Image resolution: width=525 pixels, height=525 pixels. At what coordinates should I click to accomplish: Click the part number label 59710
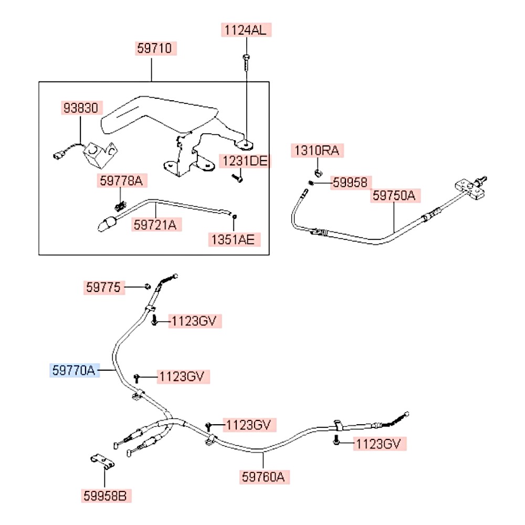tap(154, 49)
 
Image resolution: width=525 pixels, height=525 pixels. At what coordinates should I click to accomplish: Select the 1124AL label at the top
tap(246, 30)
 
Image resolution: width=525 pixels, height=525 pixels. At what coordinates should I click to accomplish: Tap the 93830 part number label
tap(80, 109)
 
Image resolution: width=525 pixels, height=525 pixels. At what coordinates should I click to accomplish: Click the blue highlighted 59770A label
tap(73, 371)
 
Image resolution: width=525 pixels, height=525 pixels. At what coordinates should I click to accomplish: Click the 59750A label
tap(394, 196)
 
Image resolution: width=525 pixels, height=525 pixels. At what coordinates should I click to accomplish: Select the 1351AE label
tap(233, 239)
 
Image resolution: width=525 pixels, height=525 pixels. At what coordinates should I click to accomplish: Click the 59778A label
tap(121, 181)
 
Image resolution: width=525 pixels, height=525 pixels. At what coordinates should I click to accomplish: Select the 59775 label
tap(103, 287)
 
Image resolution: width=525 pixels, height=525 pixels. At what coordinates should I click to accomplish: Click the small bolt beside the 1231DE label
tap(236, 178)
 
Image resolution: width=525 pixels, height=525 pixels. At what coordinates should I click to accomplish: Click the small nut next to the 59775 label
tap(148, 287)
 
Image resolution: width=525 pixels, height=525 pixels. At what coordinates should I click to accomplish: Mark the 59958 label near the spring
tap(351, 182)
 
